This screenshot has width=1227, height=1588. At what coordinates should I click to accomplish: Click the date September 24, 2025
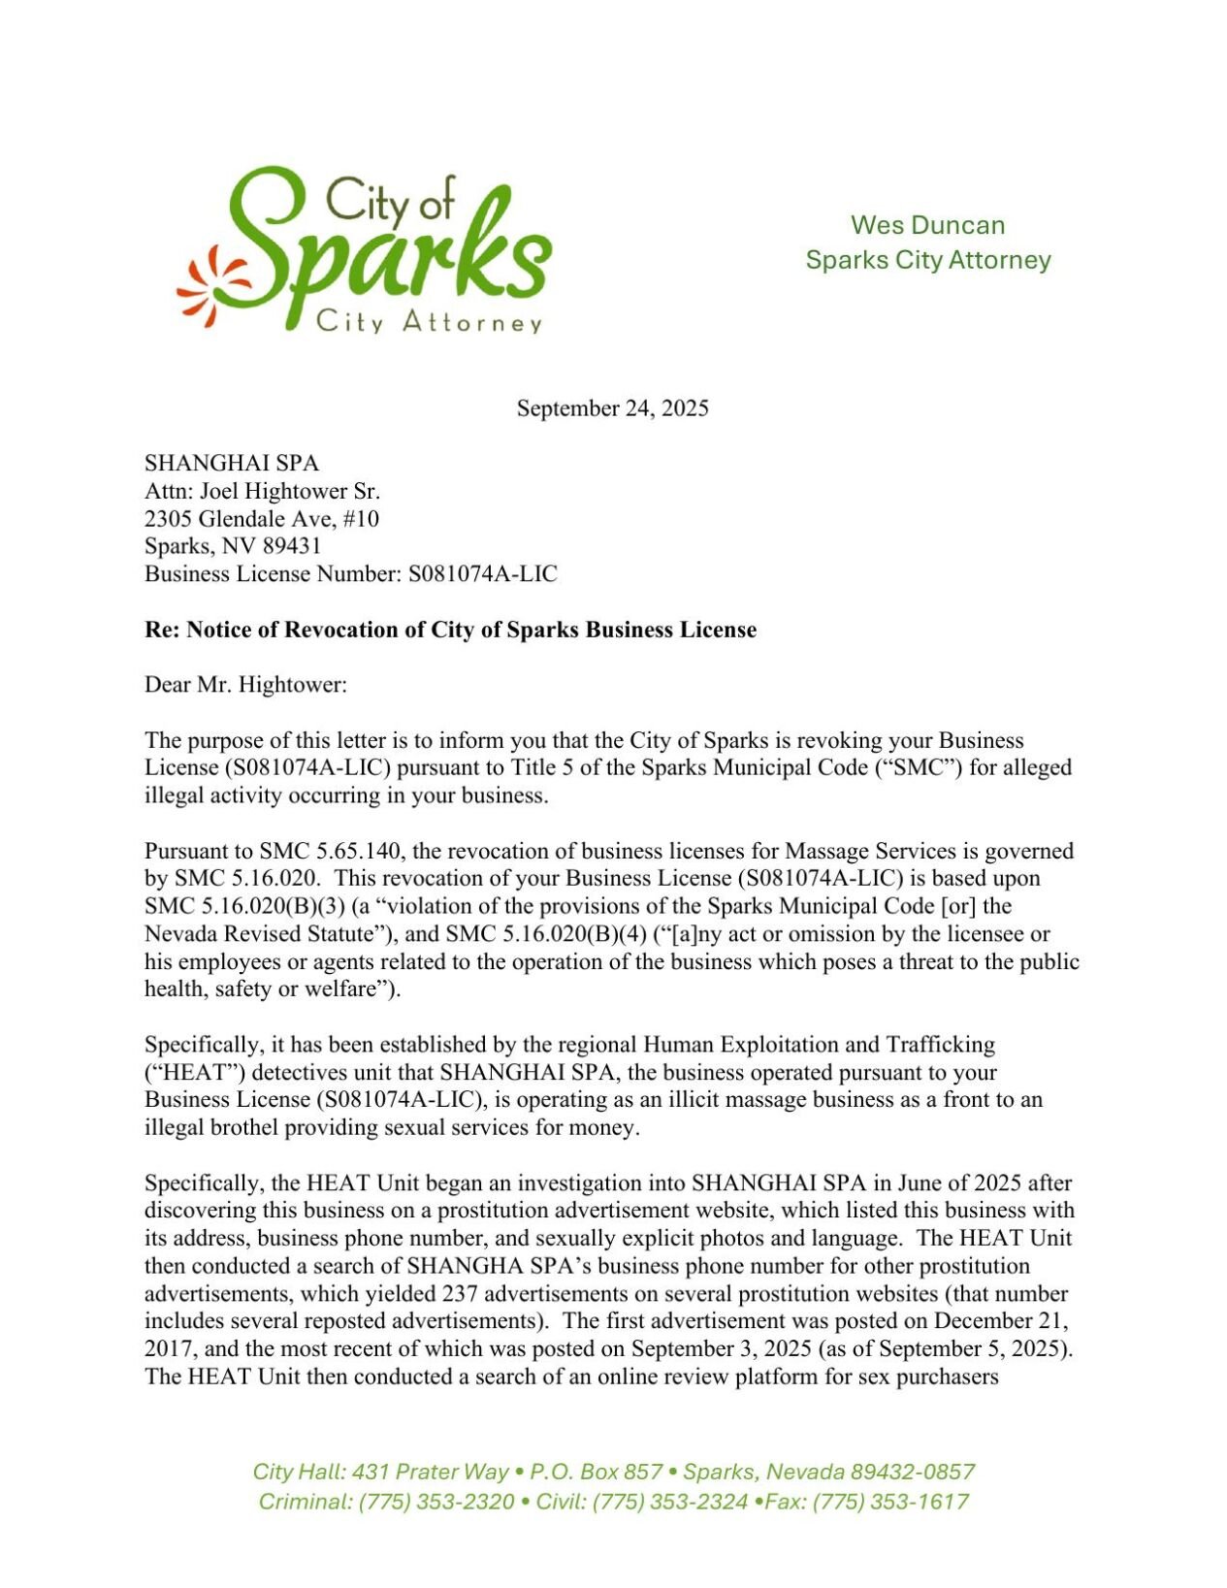coord(612,407)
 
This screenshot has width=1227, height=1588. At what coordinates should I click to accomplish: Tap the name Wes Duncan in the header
coord(927,225)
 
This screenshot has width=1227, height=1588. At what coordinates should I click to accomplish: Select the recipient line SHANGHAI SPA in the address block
coord(232,463)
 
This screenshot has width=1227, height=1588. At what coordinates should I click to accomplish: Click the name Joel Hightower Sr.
coord(290,491)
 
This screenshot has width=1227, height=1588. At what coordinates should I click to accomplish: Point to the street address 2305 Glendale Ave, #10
coord(262,518)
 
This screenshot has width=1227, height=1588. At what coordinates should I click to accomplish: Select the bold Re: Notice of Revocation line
coord(450,630)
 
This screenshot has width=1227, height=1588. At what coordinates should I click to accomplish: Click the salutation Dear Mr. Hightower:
coord(245,684)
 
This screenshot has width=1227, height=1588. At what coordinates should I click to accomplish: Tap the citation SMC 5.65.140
coord(330,851)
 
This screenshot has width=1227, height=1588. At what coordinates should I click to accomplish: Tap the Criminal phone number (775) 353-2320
coord(436,1501)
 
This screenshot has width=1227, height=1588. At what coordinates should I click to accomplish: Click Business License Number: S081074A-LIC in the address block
coord(351,573)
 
